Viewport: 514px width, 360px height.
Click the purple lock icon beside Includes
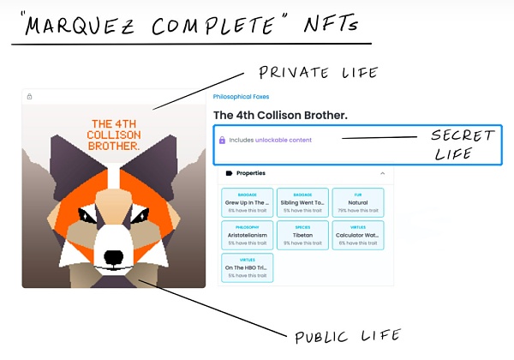[223, 140]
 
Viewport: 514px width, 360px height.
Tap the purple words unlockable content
[284, 140]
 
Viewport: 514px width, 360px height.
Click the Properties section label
[251, 173]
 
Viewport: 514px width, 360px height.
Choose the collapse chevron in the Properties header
[382, 173]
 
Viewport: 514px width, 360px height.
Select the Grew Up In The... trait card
[248, 202]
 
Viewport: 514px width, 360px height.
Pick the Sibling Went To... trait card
[302, 202]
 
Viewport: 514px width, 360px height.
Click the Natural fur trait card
[357, 202]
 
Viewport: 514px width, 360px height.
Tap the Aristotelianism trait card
[248, 235]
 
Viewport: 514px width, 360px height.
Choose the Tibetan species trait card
[302, 235]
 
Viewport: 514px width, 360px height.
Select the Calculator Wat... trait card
[357, 235]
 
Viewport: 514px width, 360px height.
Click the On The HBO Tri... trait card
[248, 267]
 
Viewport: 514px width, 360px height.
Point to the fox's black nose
[114, 255]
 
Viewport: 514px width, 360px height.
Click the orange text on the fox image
[114, 135]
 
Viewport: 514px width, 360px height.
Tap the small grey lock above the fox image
[29, 97]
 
